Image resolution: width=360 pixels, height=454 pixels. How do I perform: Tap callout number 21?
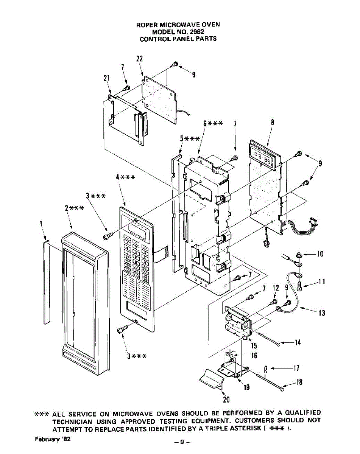pyautogui.click(x=106, y=78)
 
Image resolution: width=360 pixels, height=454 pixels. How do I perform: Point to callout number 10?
pyautogui.click(x=320, y=254)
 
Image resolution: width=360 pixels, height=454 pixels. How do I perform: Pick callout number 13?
pyautogui.click(x=322, y=313)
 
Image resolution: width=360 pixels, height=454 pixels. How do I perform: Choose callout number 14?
pyautogui.click(x=298, y=343)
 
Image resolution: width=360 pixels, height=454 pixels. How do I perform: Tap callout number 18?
pyautogui.click(x=299, y=382)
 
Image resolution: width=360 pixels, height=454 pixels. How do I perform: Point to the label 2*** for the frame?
pyautogui.click(x=72, y=208)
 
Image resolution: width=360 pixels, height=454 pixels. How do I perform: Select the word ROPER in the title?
pyautogui.click(x=145, y=25)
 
